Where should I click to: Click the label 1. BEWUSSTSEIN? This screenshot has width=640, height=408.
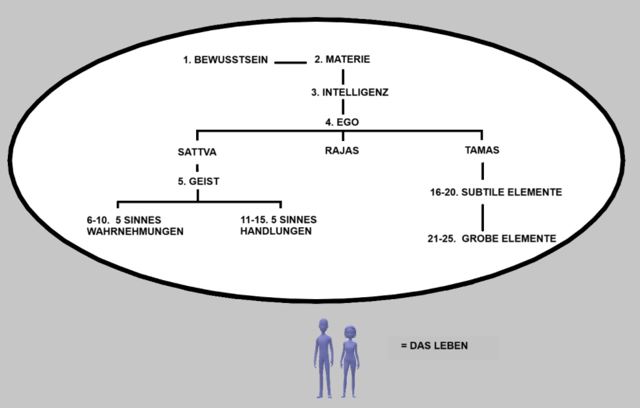[225, 60]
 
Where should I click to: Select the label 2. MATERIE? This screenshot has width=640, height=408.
[342, 59]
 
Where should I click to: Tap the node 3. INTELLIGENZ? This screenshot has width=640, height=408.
[350, 92]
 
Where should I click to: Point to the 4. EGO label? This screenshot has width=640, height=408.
[342, 122]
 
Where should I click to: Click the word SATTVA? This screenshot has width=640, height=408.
[197, 152]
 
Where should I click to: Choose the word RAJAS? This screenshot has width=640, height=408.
[342, 150]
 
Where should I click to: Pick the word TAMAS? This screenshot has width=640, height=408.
[482, 150]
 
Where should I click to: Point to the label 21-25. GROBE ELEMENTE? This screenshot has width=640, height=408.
[491, 239]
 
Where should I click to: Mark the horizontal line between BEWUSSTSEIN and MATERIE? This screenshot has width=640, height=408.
[290, 62]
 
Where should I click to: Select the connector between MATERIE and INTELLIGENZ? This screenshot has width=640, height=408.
[342, 75]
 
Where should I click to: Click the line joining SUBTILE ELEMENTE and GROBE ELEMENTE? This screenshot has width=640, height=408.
[483, 216]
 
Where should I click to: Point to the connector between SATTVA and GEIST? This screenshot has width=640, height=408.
[197, 167]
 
